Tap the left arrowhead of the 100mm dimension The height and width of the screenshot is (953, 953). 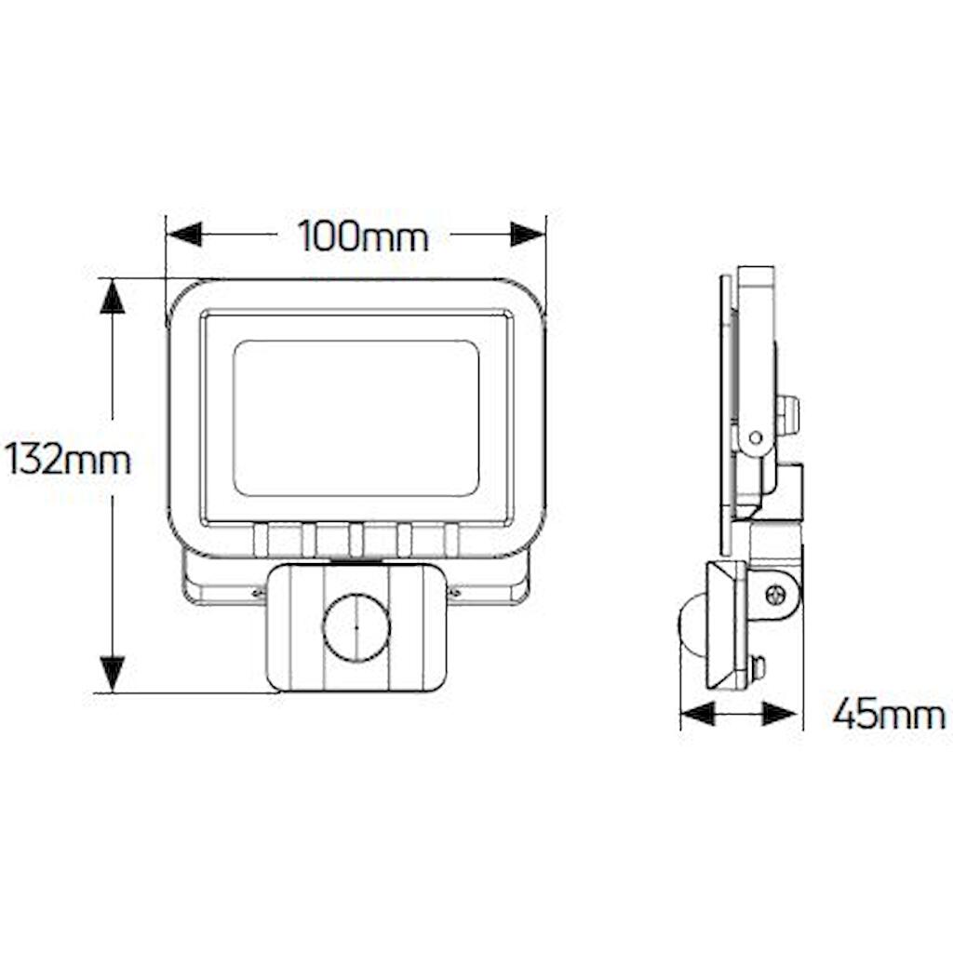183,234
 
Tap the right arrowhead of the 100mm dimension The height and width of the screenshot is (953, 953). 528,234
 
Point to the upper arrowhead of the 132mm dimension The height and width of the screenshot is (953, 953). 113,296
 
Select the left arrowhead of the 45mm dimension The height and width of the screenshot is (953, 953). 698,713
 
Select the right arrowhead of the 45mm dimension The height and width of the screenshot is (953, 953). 779,713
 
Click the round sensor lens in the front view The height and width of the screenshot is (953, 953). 356,627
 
